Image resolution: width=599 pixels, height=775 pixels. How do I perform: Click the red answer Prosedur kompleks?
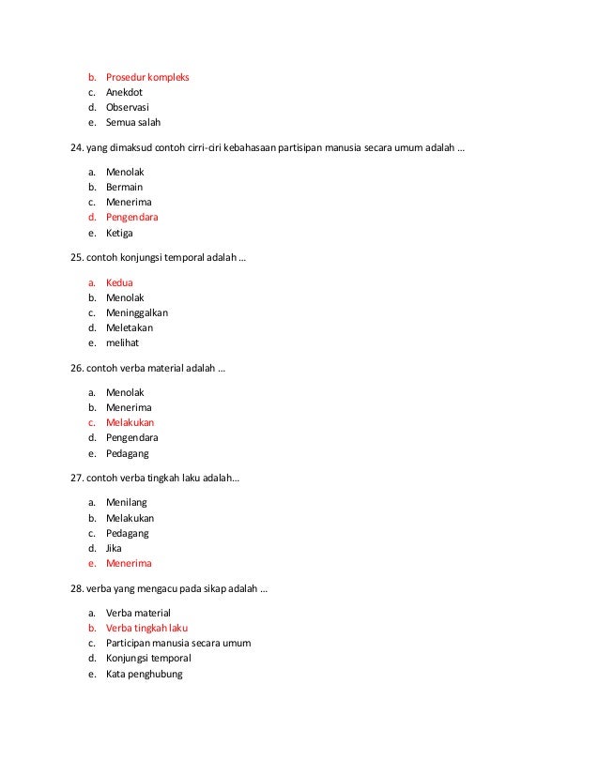pos(147,77)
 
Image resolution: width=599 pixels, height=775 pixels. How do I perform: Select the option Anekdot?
pos(124,93)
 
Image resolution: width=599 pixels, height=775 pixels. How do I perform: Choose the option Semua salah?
pos(133,124)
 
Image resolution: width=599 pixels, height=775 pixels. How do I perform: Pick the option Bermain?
pos(125,187)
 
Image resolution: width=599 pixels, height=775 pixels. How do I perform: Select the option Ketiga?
pos(121,234)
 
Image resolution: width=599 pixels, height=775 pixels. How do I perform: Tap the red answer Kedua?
pos(119,281)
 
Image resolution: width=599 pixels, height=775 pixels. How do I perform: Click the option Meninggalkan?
pos(137,312)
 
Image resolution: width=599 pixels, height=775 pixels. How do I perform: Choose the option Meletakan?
pos(130,328)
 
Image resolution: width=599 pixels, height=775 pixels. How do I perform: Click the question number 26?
pos(77,368)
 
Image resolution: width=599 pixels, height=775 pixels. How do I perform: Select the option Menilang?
pos(126,502)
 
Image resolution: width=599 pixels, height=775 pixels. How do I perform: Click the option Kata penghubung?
pos(144,674)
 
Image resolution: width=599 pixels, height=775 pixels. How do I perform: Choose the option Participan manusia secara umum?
pos(178,643)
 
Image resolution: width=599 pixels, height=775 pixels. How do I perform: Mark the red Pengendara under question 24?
pos(132,218)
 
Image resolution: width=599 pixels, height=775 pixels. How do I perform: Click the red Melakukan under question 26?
pos(131,422)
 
